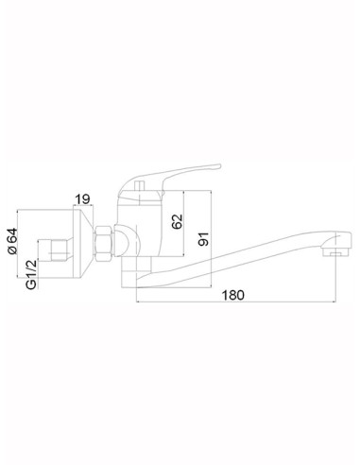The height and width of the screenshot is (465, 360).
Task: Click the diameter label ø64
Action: click(x=13, y=242)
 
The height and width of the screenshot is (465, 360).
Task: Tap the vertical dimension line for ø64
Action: click(x=23, y=247)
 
